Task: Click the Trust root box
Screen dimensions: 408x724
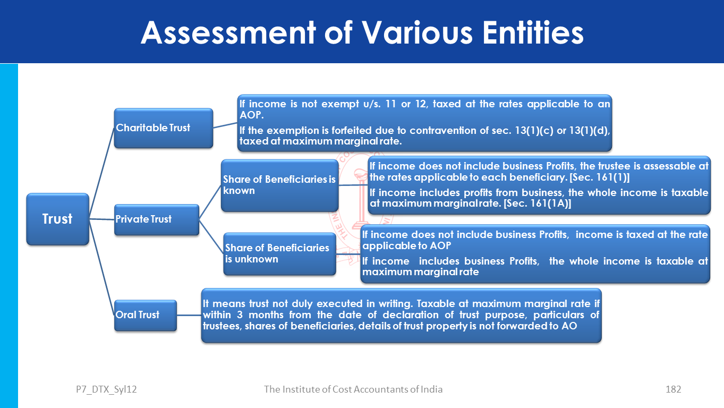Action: pyautogui.click(x=57, y=219)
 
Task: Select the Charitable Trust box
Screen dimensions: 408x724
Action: pyautogui.click(x=164, y=128)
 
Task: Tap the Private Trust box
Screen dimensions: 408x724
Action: pyautogui.click(x=157, y=219)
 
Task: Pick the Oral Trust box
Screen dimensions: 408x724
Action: pyautogui.click(x=146, y=315)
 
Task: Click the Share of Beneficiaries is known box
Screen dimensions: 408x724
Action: pyautogui.click(x=279, y=185)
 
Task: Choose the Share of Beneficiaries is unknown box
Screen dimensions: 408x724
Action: pyautogui.click(x=279, y=254)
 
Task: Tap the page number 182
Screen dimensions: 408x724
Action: pyautogui.click(x=673, y=389)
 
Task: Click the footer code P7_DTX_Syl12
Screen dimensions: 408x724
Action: pyautogui.click(x=106, y=389)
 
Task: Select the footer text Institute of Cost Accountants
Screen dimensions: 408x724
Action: pyautogui.click(x=345, y=389)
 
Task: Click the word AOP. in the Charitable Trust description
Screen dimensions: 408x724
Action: pyautogui.click(x=250, y=115)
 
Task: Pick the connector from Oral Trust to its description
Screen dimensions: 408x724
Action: pyautogui.click(x=189, y=315)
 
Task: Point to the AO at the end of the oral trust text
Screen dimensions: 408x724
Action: pyautogui.click(x=568, y=326)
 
